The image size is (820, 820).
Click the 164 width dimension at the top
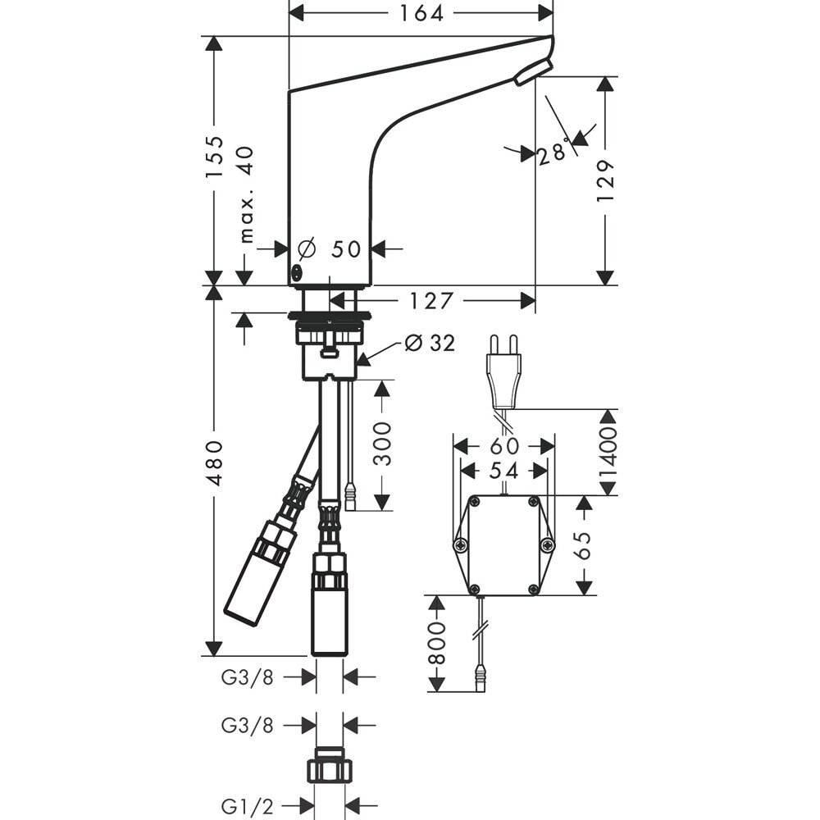pos(421,13)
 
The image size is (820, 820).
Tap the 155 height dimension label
pos(215,157)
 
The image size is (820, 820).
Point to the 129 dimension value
pos(606,180)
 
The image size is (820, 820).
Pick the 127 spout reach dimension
pos(431,301)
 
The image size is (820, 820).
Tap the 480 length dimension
pos(215,462)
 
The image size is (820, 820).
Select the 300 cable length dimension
pos(382,444)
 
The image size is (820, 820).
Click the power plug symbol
pos(502,374)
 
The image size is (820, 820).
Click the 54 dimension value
pos(503,470)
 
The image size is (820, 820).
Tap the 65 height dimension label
pos(583,544)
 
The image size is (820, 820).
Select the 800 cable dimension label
pos(437,643)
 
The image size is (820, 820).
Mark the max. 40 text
pos(246,194)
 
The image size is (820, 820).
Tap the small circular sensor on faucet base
pos(297,272)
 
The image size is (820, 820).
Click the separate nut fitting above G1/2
pos(330,768)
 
